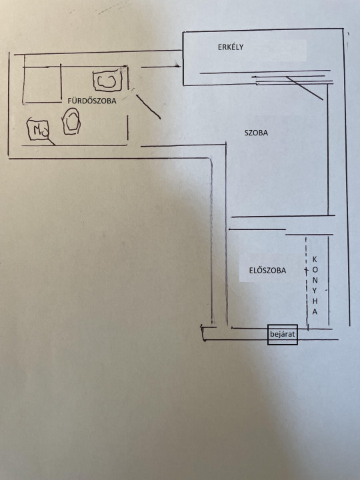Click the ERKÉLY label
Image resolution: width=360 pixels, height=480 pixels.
coord(231,47)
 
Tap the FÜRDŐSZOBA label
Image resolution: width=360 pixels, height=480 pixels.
coord(92,101)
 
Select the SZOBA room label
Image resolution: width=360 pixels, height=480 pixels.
coord(256,133)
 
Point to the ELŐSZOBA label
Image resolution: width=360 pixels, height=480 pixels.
coord(267,270)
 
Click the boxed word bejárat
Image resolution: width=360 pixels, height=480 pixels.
coord(282,334)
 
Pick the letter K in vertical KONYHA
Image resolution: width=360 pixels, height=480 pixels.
coord(315,259)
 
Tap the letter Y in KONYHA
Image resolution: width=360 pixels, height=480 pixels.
coord(315,291)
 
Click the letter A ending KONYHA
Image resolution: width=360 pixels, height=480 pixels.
coord(315,311)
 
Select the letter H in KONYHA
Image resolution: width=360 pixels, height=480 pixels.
coord(315,301)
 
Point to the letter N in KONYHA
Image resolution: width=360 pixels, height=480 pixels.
coord(315,280)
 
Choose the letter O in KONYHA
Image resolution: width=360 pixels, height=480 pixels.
coord(315,270)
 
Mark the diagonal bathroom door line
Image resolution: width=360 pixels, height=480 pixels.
coord(148,107)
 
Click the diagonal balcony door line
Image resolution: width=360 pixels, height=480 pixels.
coord(305,88)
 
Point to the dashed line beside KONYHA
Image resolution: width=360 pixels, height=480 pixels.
coord(307,281)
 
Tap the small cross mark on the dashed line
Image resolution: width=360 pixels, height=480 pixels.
coord(306,270)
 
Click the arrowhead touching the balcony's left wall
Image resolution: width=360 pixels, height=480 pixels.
coord(177,65)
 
